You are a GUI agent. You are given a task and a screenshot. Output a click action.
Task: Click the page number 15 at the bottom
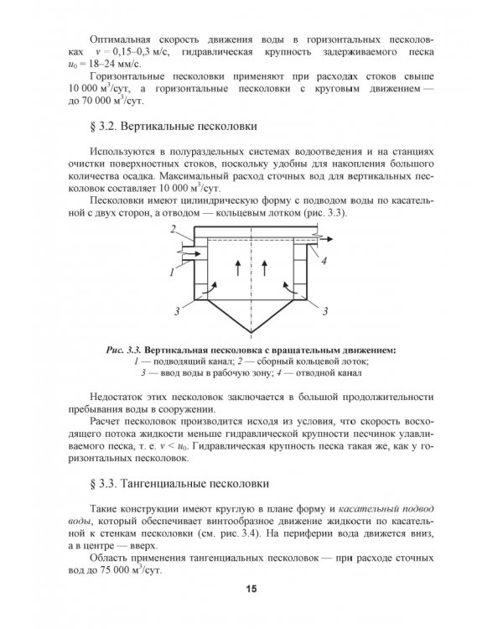(251, 588)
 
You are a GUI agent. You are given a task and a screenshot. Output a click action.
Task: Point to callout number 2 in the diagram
(172, 228)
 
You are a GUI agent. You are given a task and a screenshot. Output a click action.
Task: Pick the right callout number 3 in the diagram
(324, 311)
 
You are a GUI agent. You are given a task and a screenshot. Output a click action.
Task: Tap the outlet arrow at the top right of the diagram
(325, 240)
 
